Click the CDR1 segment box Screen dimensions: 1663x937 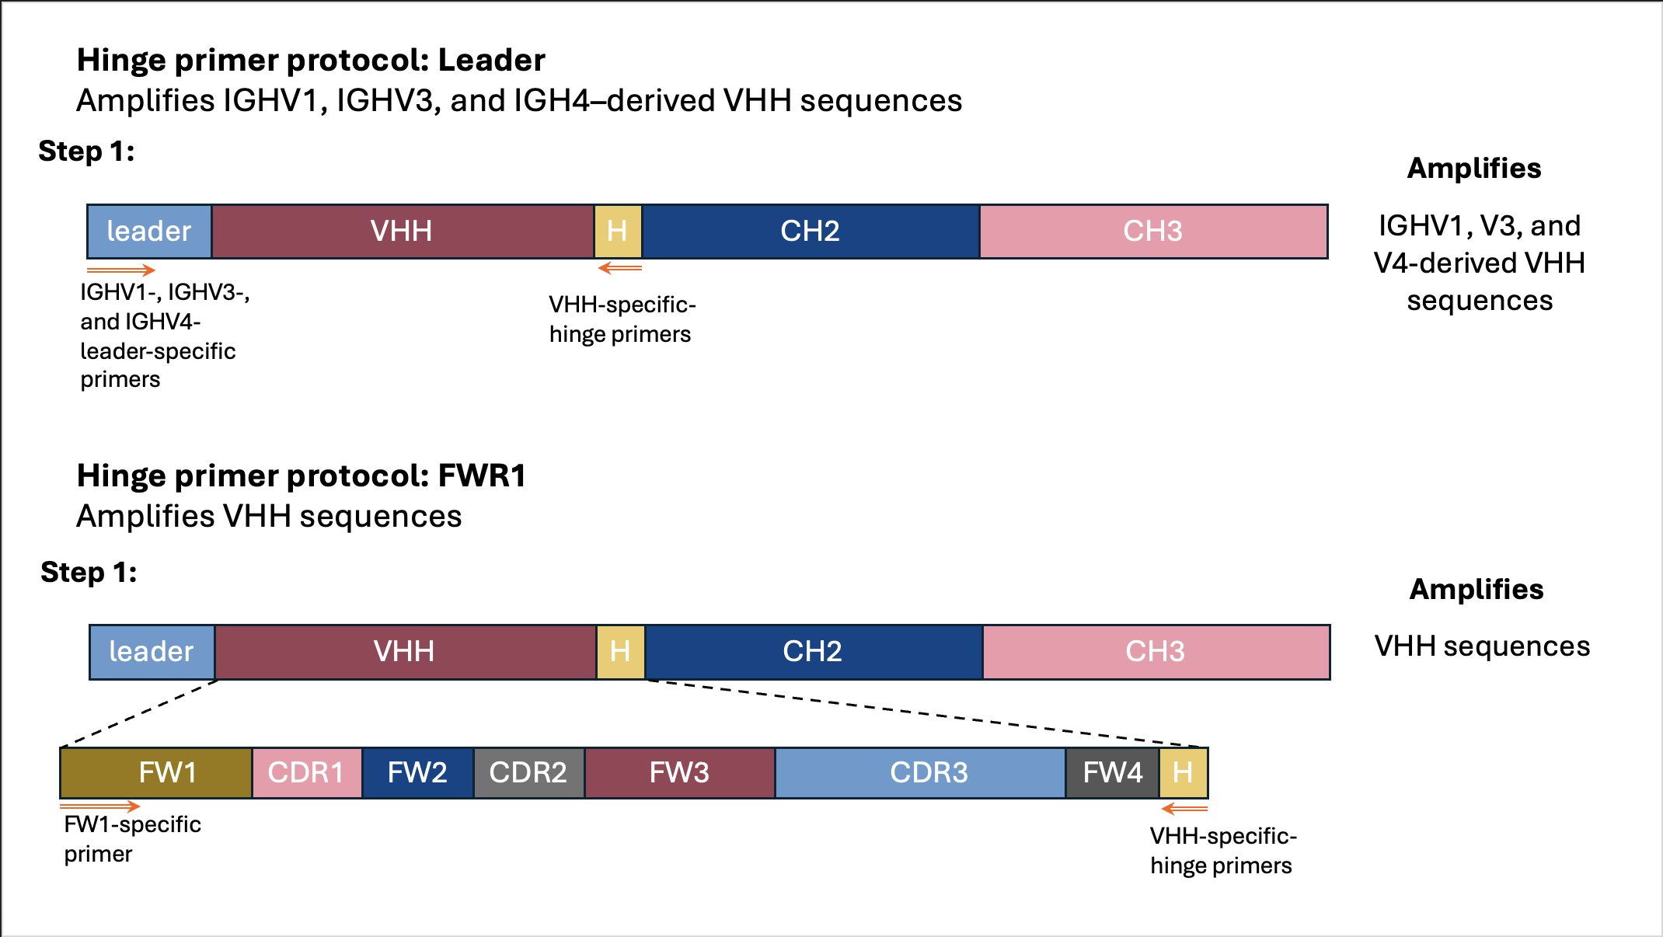pos(307,773)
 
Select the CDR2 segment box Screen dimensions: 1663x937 pos(528,773)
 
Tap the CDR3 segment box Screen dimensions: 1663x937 pos(920,773)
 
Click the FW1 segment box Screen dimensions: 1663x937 pos(156,773)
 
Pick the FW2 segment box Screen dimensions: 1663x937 pos(418,773)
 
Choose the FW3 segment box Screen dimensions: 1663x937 pos(680,773)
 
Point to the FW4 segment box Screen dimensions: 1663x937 pos(1113,773)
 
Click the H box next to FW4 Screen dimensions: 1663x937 pos(1184,773)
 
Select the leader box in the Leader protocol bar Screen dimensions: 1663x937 pos(149,232)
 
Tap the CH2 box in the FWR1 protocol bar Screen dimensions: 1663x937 pos(814,652)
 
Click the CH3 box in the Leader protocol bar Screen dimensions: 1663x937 pos(1154,232)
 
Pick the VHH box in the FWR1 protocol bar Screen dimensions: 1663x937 pos(406,652)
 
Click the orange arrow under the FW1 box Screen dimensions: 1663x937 pos(100,806)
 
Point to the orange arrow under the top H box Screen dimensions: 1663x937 pos(620,268)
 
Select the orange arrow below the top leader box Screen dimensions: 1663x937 pos(121,270)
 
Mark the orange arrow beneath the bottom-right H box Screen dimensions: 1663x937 pos(1185,809)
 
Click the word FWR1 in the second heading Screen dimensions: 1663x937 pos(482,475)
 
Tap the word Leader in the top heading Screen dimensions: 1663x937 pos(491,60)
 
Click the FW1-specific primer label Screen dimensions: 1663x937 pos(133,839)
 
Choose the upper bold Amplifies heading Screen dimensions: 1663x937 pos(1474,168)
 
